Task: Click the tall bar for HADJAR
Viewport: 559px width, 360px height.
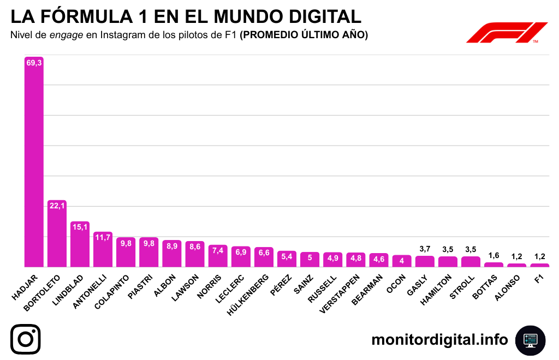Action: click(x=34, y=164)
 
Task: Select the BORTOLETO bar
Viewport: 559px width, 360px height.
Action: click(x=57, y=235)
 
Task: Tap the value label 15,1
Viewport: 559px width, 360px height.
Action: click(x=80, y=227)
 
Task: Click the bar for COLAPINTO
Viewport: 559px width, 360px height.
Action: click(x=126, y=254)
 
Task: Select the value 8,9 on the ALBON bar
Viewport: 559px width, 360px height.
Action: click(x=172, y=246)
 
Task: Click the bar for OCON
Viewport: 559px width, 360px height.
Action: click(x=402, y=261)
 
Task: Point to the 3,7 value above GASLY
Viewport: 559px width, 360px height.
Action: click(x=425, y=249)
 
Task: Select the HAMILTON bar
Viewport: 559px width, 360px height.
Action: click(x=448, y=262)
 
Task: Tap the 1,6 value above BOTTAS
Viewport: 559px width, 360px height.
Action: click(x=493, y=255)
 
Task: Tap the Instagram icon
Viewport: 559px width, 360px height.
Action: click(x=26, y=339)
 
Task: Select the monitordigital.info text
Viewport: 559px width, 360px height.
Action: click(x=439, y=340)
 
